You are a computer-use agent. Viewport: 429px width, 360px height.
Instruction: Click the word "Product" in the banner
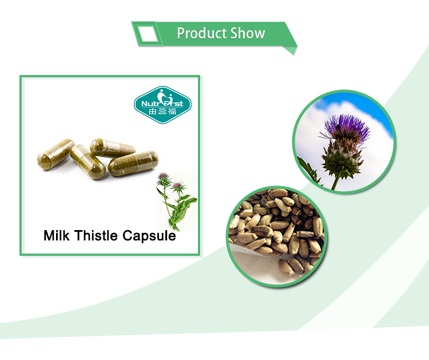[200, 33]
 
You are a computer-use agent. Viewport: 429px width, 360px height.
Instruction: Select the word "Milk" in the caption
[58, 235]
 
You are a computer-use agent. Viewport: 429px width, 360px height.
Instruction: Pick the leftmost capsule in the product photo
[55, 151]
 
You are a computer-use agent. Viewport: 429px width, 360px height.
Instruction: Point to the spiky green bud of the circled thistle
[341, 157]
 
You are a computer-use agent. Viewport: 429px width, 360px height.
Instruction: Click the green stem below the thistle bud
[336, 182]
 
